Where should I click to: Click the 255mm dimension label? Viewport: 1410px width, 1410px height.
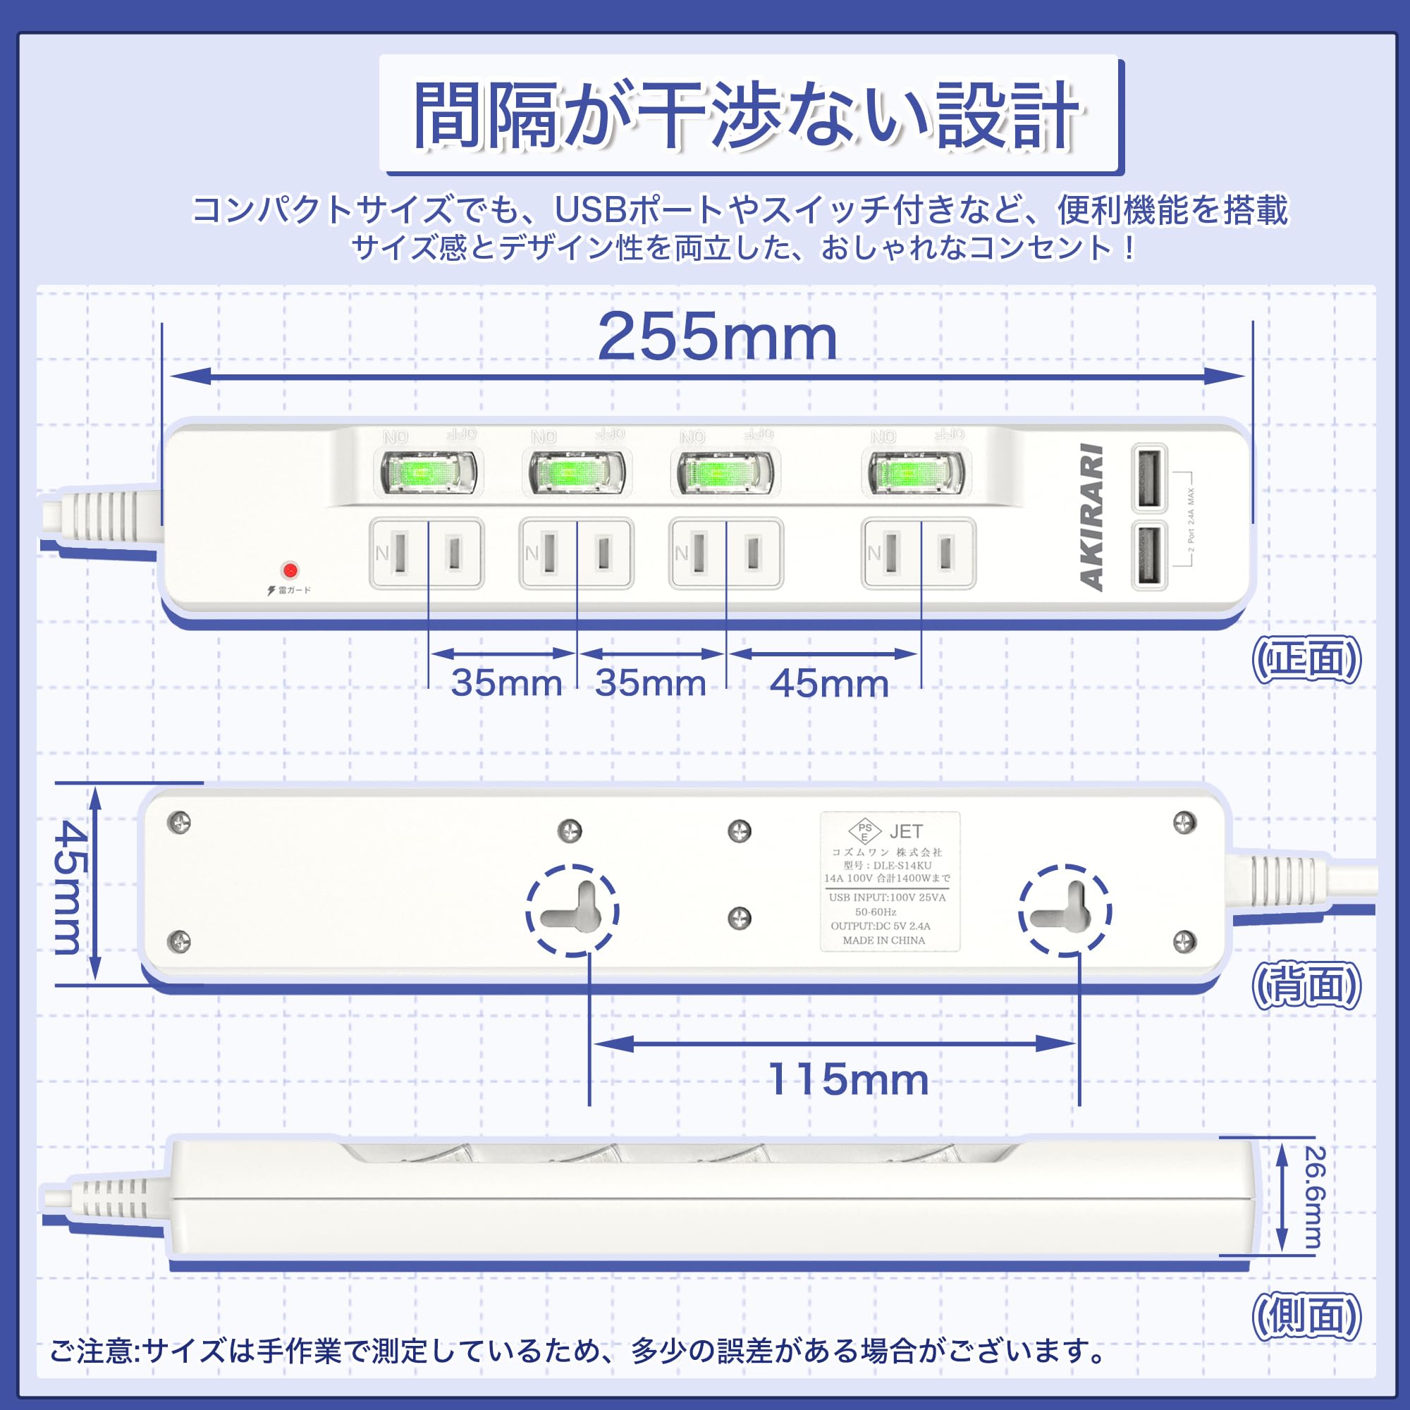coord(717,337)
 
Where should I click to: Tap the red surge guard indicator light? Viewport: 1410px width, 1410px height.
coord(290,569)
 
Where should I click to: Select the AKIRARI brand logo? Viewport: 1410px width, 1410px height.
coord(1091,516)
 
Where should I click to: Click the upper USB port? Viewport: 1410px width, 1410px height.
coord(1148,478)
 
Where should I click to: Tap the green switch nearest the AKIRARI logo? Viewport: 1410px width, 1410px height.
coord(915,472)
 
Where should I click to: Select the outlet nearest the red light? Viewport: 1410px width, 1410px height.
coord(427,553)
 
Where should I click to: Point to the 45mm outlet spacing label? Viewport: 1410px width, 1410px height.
coord(829,684)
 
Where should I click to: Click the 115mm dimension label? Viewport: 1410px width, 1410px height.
coord(848,1079)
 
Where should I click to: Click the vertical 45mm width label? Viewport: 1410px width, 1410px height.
coord(70,887)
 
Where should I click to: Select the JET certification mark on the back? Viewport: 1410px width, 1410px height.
coord(906,831)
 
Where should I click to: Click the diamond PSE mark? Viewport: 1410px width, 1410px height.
coord(865,831)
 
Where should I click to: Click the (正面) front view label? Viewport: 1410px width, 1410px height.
coord(1306,660)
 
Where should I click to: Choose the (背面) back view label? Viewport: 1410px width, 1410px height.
coord(1306,986)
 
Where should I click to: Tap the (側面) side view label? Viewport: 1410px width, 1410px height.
coord(1306,1318)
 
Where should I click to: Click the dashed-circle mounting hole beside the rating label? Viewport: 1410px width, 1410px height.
coord(1065,910)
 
